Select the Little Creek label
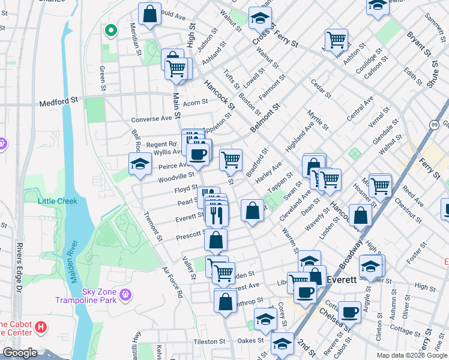point(58,201)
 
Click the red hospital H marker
point(41,327)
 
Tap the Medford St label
point(58,103)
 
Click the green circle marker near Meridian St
point(110,31)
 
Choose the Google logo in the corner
point(20,352)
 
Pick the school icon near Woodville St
point(139,163)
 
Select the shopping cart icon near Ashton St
point(337,40)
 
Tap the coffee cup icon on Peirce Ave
point(197,154)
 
